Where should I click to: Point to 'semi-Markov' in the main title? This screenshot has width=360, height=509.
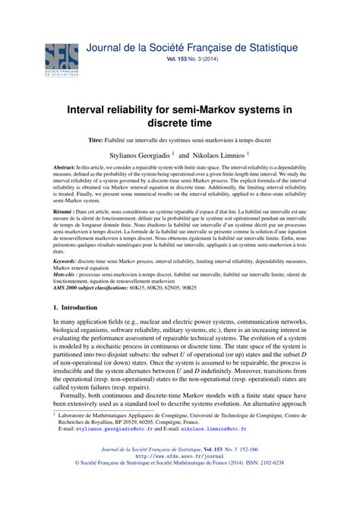(x=224, y=110)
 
